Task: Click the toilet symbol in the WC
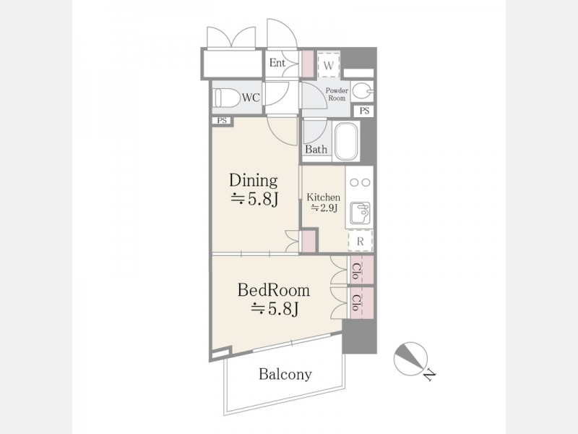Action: click(x=227, y=98)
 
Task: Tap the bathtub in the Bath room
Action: click(x=346, y=141)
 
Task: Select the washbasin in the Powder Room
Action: click(x=362, y=91)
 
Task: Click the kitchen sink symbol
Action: click(x=360, y=213)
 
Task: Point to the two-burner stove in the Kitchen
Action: click(x=359, y=182)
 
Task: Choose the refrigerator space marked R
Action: click(x=360, y=241)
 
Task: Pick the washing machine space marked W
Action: click(x=328, y=65)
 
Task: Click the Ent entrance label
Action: click(x=277, y=63)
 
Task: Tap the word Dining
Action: click(x=254, y=180)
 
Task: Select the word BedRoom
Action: click(x=274, y=290)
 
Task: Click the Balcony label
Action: click(x=285, y=374)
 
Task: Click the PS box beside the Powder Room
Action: click(x=364, y=111)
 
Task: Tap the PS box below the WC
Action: click(x=222, y=121)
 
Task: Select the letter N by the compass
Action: click(x=429, y=375)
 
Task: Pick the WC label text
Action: click(x=251, y=98)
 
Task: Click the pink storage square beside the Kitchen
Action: click(x=309, y=242)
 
